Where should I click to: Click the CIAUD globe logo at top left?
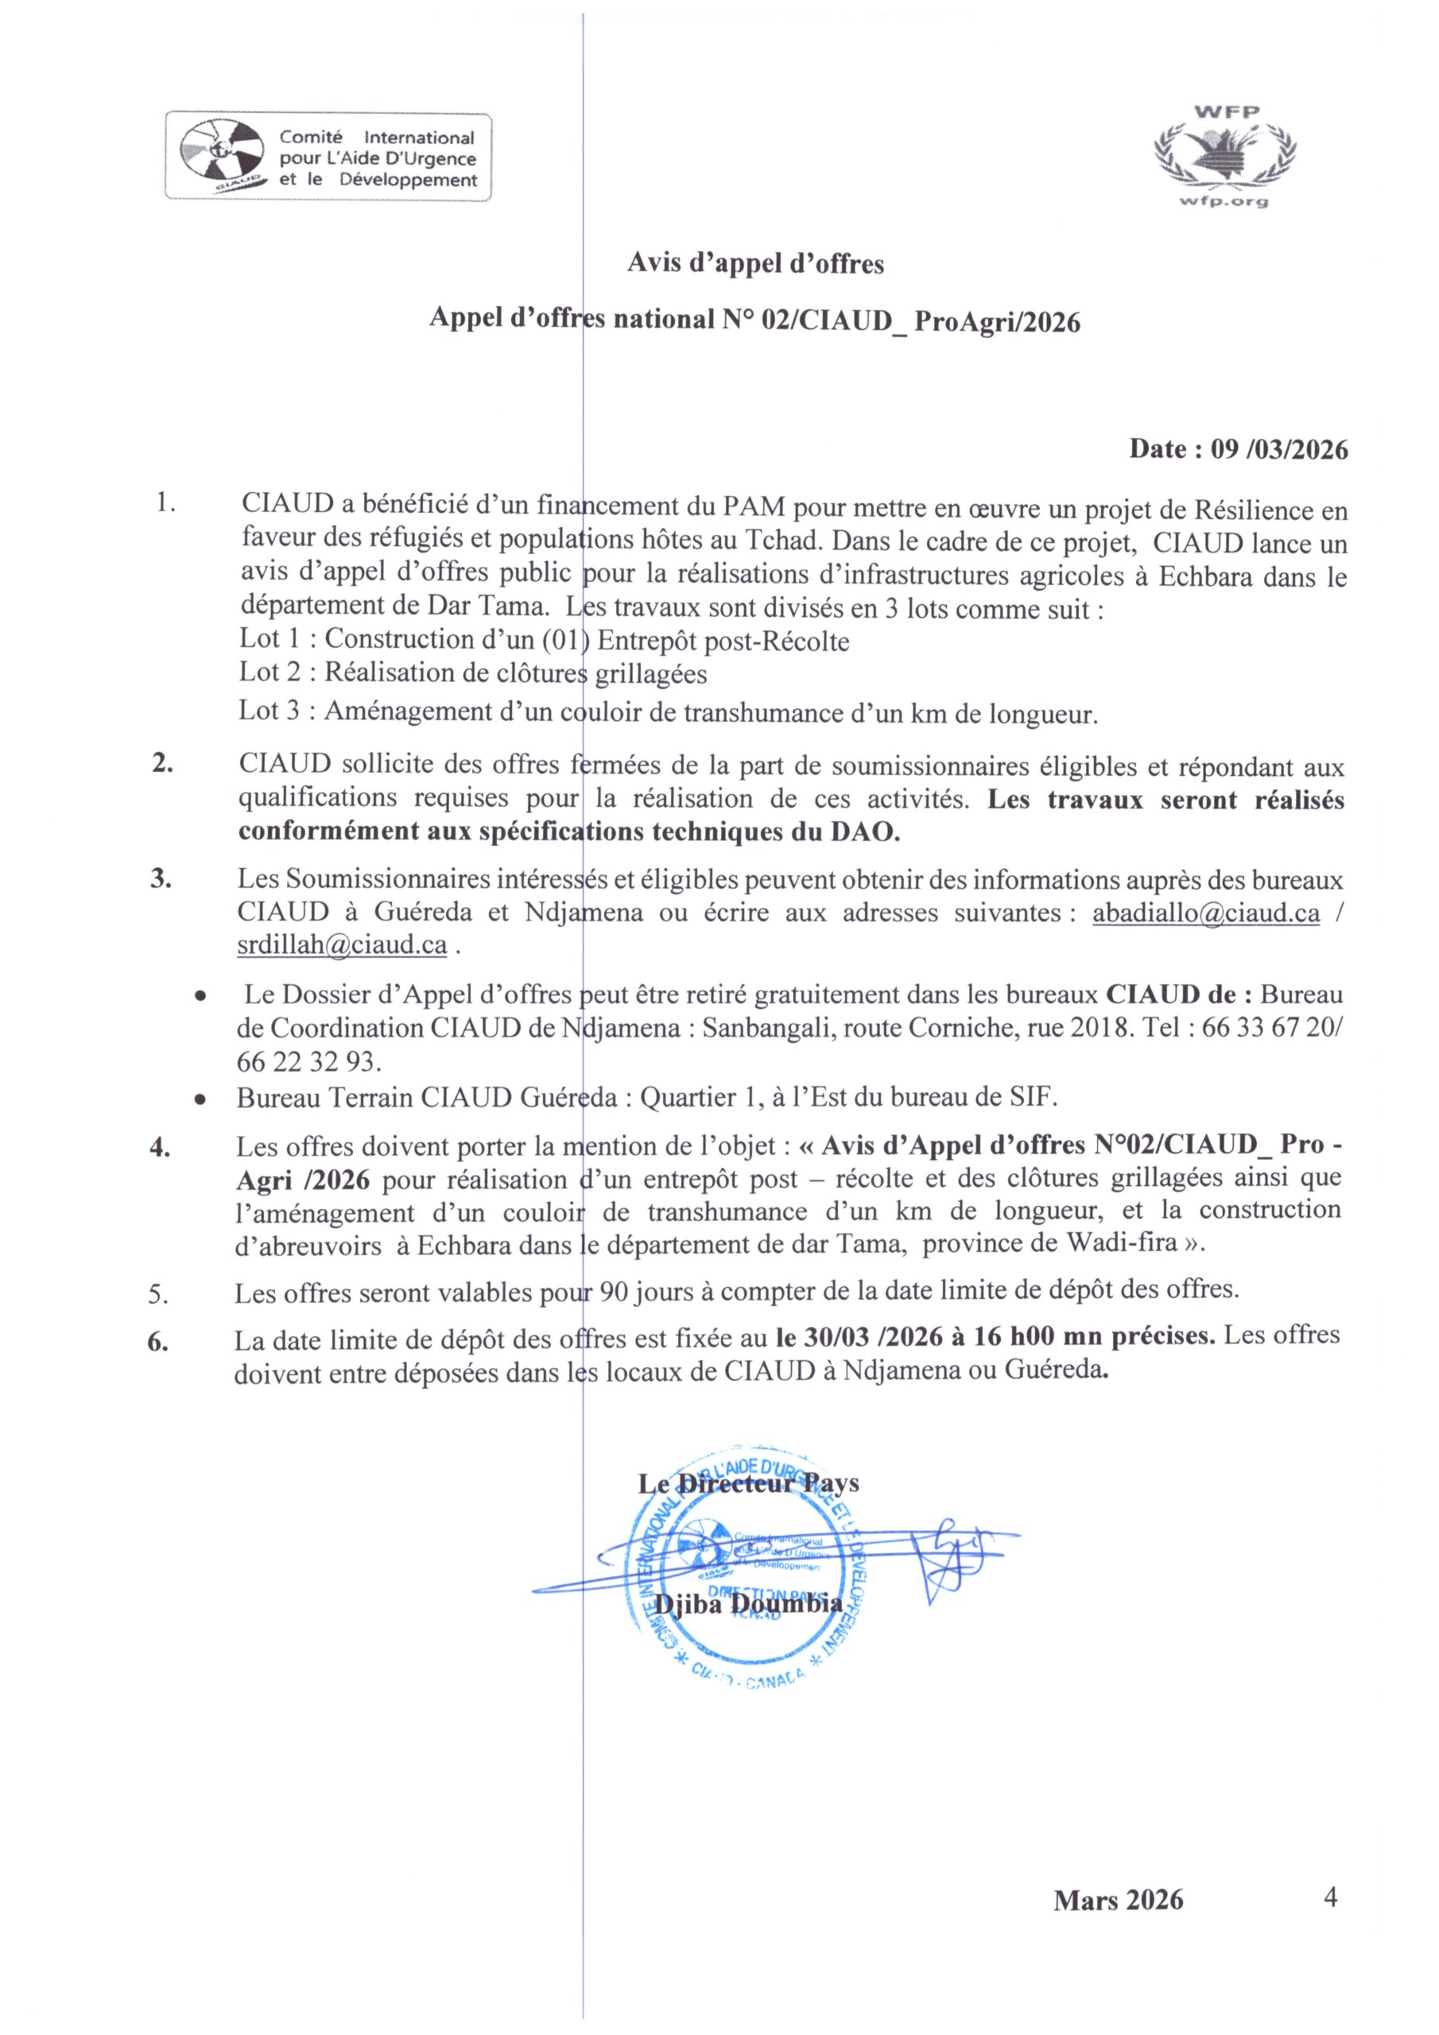[222, 157]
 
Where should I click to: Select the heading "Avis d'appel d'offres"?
[755, 263]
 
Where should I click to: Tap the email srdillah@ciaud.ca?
[341, 945]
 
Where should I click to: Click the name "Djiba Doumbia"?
[748, 1603]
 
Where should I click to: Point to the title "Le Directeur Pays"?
[748, 1482]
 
